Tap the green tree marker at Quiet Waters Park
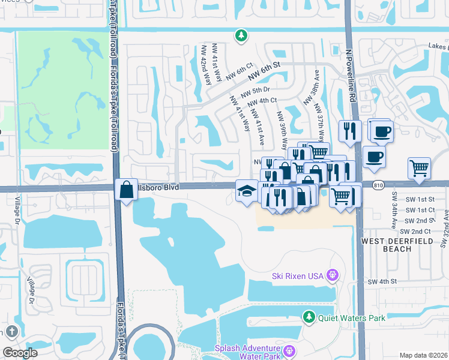(309, 316)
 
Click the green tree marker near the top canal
(241, 35)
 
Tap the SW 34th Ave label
(395, 206)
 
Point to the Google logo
(20, 353)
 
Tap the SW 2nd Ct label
(409, 232)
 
